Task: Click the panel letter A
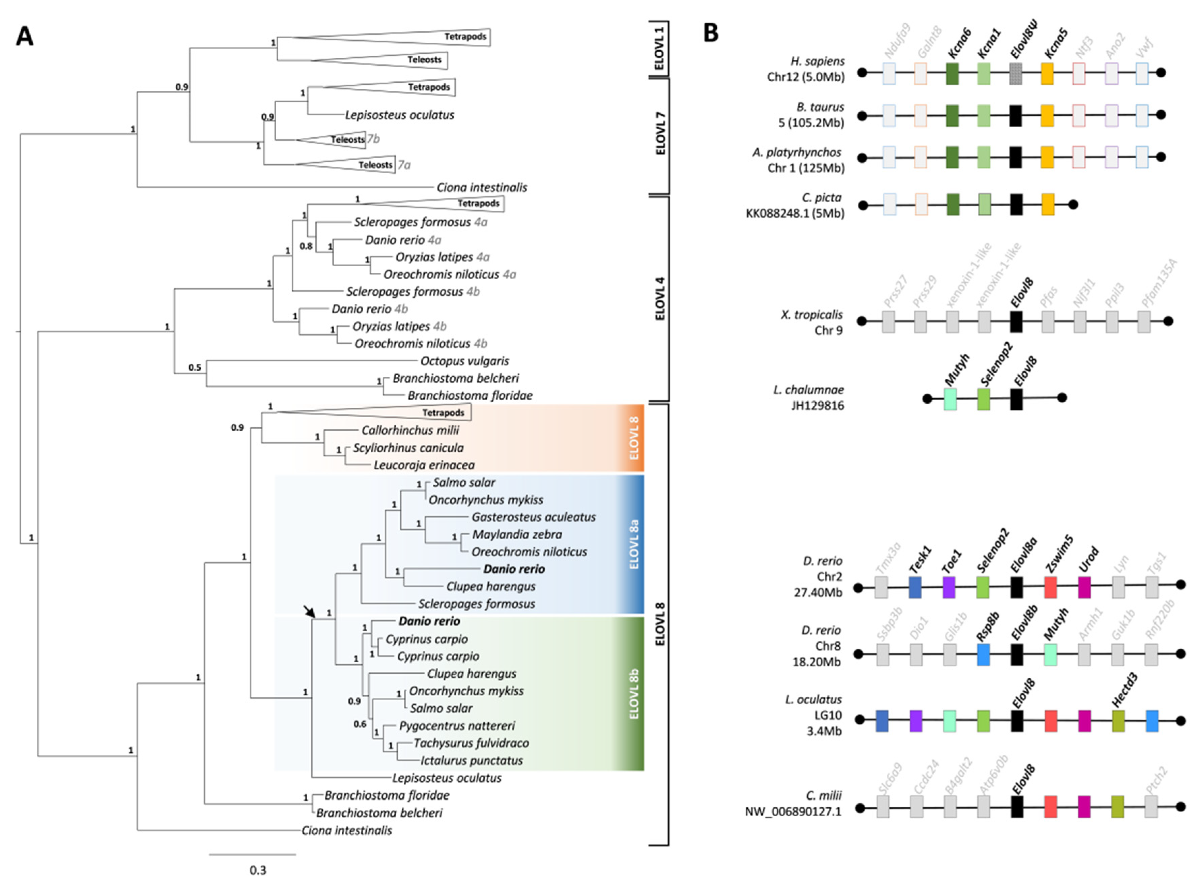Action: pos(25,36)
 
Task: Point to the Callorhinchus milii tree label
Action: pos(410,430)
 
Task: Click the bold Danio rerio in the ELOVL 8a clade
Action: pos(514,569)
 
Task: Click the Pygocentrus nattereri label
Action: pos(457,726)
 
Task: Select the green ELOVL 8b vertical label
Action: pos(634,694)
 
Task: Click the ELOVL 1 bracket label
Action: pos(660,48)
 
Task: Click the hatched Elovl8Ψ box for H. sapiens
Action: pos(1016,73)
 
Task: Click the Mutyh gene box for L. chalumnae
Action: pos(950,399)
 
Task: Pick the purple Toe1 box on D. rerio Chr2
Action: pos(949,587)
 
